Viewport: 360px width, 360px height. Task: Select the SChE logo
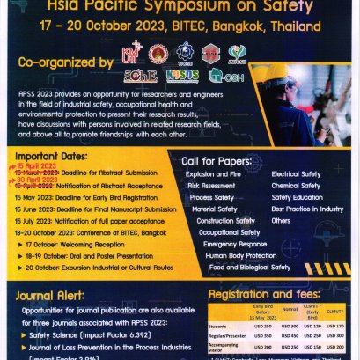[140, 77]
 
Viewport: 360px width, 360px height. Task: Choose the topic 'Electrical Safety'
[296, 174]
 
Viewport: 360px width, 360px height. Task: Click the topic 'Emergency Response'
[234, 244]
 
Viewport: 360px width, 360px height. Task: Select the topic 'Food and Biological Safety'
[249, 267]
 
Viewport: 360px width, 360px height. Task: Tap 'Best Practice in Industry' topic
[307, 209]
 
